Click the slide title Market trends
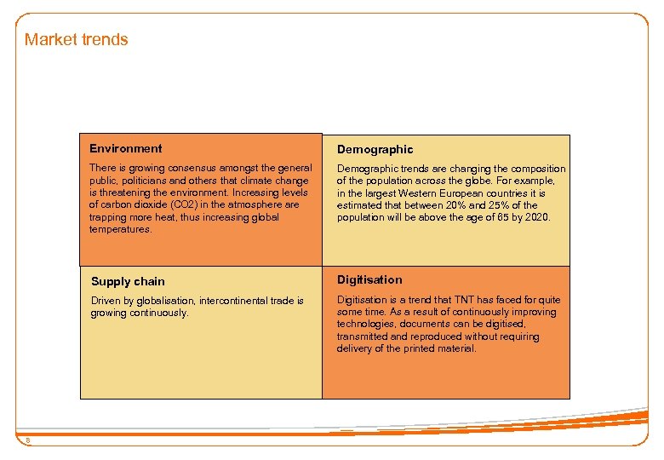click(76, 39)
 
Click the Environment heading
click(125, 148)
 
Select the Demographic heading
click(375, 149)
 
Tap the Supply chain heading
click(128, 281)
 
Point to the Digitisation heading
click(369, 279)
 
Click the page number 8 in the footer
click(27, 440)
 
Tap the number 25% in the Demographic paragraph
click(501, 205)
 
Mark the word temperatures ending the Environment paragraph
click(120, 229)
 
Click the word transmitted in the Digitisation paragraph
click(363, 336)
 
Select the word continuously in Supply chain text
click(159, 313)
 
